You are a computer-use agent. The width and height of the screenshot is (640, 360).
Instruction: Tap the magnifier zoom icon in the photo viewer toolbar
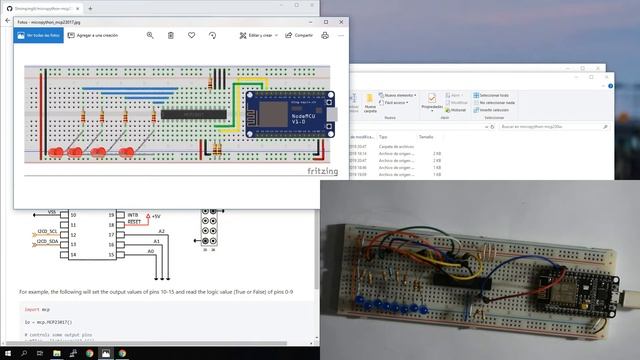click(x=150, y=35)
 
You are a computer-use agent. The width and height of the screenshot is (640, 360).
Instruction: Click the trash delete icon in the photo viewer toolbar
click(x=171, y=35)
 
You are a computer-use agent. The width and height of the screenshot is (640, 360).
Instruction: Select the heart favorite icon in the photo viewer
click(x=192, y=35)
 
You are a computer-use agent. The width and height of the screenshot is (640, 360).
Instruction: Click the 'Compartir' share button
click(x=298, y=35)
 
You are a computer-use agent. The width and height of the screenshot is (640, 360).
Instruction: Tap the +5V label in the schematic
click(x=155, y=215)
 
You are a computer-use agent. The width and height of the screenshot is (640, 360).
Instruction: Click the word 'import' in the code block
click(x=32, y=309)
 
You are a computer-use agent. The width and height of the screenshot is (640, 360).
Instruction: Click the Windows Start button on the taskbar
click(x=9, y=353)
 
